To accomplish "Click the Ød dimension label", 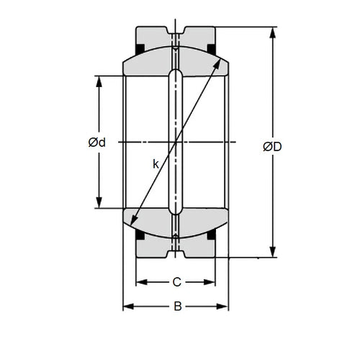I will [97, 142].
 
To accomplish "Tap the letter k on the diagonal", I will [156, 164].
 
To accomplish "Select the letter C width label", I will [176, 282].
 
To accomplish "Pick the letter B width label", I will [176, 307].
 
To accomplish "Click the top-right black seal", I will [212, 49].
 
